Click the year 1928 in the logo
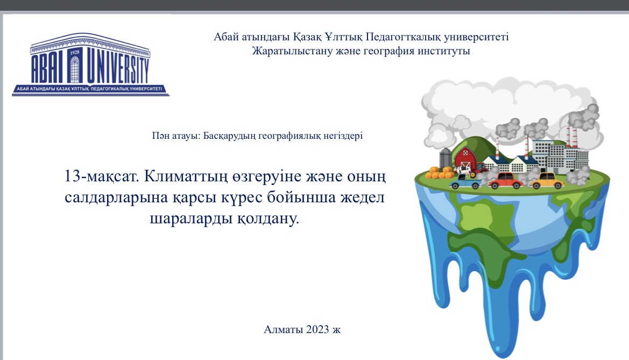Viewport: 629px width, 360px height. point(75,53)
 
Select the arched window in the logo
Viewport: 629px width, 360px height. point(75,69)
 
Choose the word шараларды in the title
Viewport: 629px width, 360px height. point(191,219)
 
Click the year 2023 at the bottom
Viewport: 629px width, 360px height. point(317,329)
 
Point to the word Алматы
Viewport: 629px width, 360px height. point(283,329)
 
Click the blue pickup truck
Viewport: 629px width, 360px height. point(465,182)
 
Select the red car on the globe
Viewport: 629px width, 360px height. point(505,181)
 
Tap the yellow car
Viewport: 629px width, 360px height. point(547,181)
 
